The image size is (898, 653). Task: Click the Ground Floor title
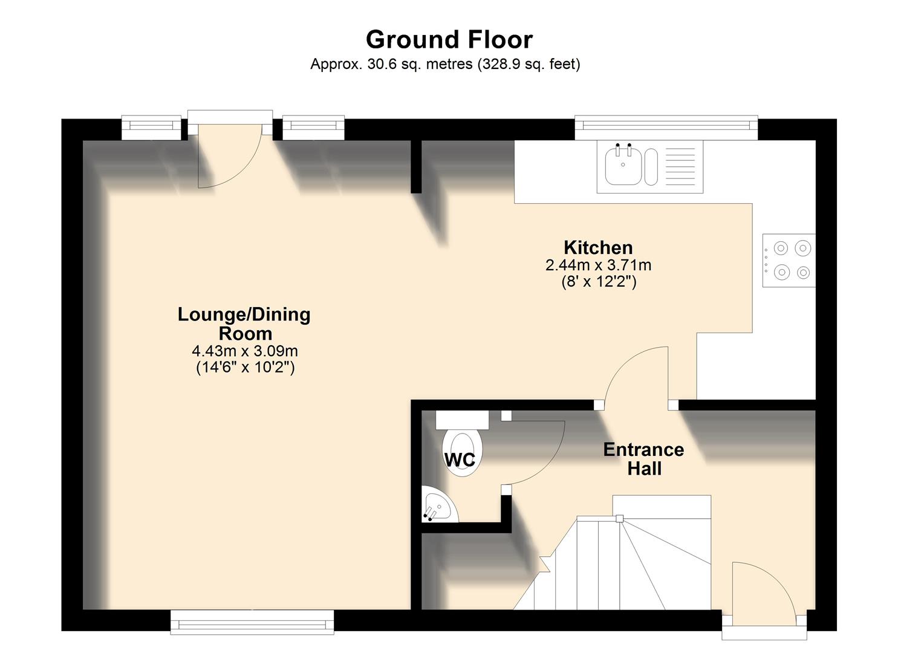[449, 39]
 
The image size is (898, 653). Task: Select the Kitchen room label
[597, 247]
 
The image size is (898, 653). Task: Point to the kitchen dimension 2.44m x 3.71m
[597, 265]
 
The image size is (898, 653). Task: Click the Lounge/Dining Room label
[244, 323]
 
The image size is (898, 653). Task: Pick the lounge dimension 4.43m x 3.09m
[244, 351]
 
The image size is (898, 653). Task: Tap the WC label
[460, 460]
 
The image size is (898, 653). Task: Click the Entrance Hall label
[643, 458]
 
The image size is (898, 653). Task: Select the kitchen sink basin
[623, 166]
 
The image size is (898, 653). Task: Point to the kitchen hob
[789, 260]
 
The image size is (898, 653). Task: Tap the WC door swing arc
[538, 450]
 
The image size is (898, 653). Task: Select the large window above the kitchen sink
[665, 126]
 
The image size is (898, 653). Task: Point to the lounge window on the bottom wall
[252, 622]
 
